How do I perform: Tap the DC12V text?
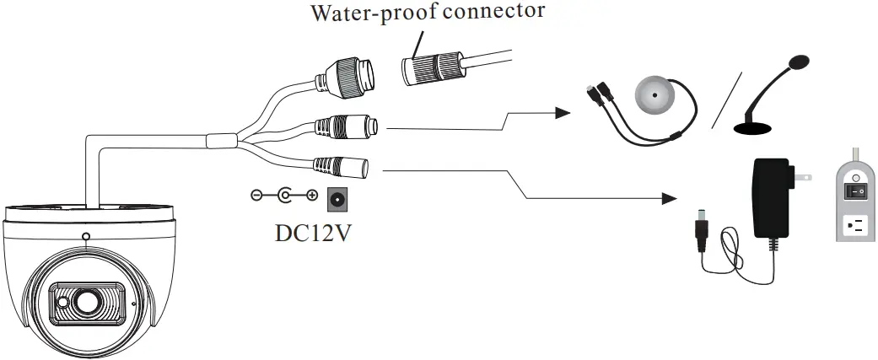313,231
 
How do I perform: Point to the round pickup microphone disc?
654,96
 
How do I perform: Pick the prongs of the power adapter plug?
804,178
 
